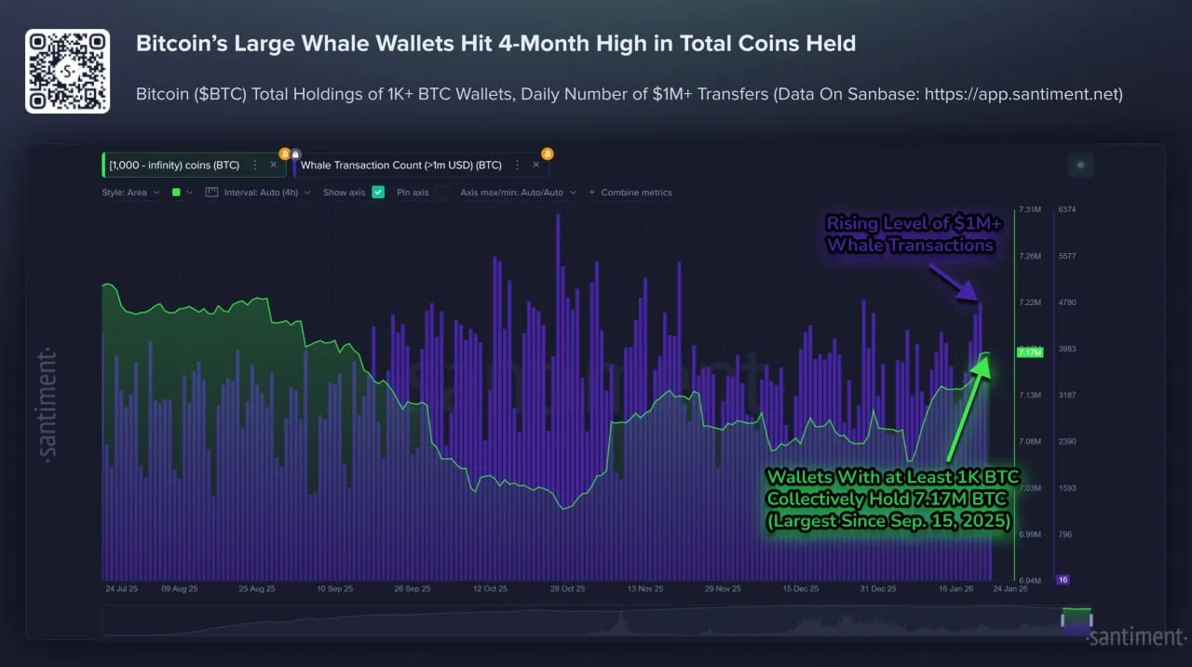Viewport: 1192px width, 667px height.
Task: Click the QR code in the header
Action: (x=67, y=71)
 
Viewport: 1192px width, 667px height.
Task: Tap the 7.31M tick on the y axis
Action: (x=1029, y=209)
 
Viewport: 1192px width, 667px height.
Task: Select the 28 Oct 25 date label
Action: (x=567, y=589)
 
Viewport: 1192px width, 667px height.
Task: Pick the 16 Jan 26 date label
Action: (x=955, y=589)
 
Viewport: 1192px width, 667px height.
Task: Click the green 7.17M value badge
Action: (x=1030, y=353)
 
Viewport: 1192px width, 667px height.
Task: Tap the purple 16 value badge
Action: (x=1063, y=580)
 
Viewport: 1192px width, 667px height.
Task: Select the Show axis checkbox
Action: (x=378, y=193)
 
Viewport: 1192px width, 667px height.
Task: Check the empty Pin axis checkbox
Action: (x=441, y=193)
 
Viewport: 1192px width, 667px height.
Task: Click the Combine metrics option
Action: (x=630, y=193)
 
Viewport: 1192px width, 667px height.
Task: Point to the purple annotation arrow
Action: (x=952, y=280)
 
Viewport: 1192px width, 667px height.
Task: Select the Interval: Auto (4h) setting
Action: (x=257, y=193)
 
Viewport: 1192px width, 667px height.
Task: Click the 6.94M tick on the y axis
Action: (x=1029, y=580)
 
